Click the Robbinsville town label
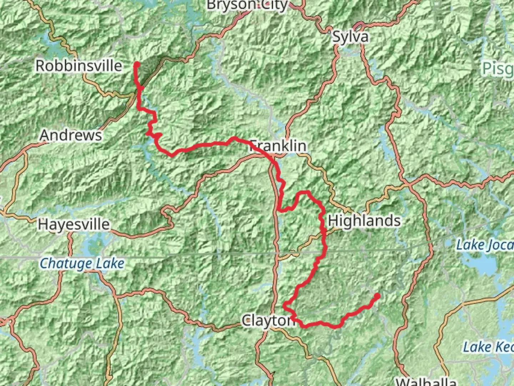[79, 66]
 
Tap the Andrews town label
[71, 135]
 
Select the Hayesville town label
[74, 224]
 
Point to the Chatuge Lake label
[82, 263]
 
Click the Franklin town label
[278, 146]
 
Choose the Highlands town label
[364, 221]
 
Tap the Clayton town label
[268, 321]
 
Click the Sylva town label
[350, 37]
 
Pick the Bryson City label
[247, 5]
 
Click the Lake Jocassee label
[485, 245]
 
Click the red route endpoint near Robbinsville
[137, 65]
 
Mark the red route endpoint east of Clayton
[377, 296]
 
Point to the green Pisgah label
[498, 68]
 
